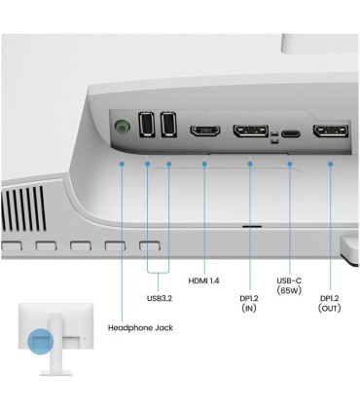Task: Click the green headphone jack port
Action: click(x=123, y=127)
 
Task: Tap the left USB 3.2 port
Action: click(x=146, y=124)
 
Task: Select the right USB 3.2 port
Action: click(x=168, y=124)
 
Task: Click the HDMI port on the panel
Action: click(x=205, y=131)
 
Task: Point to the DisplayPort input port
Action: click(x=251, y=131)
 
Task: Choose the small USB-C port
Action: click(x=291, y=133)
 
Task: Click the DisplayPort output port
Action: click(x=331, y=131)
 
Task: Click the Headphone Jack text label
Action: click(x=140, y=328)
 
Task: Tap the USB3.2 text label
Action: click(x=160, y=298)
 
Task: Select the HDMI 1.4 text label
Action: click(x=203, y=281)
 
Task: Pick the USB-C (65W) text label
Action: click(x=289, y=285)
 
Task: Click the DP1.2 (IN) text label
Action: click(x=249, y=303)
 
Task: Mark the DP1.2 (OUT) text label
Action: click(x=330, y=303)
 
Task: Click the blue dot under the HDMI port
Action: click(x=204, y=165)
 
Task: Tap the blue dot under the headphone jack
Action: click(x=122, y=165)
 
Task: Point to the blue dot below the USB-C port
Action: click(x=290, y=165)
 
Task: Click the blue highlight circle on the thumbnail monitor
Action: click(x=40, y=341)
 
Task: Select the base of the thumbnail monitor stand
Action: click(x=55, y=373)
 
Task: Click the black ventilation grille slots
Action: click(x=23, y=208)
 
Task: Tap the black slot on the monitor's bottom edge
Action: click(x=252, y=226)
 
